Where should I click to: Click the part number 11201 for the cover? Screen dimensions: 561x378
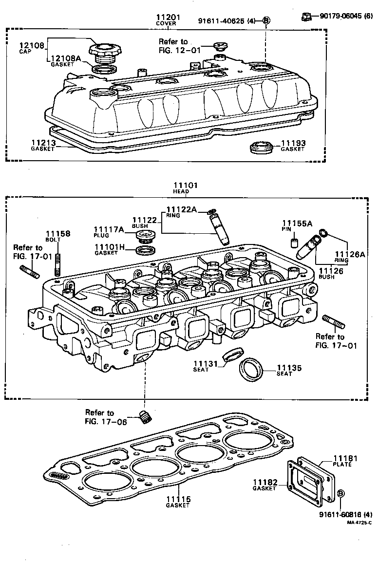click(168, 18)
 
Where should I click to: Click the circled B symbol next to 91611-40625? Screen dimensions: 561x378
click(266, 20)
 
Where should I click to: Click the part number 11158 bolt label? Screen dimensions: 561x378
click(58, 234)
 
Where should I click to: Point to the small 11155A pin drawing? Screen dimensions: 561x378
click(295, 243)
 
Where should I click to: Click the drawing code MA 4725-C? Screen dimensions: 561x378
click(359, 523)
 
